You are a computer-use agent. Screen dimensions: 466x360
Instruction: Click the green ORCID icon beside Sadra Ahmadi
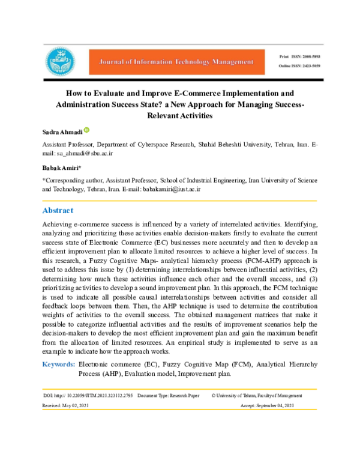click(86, 130)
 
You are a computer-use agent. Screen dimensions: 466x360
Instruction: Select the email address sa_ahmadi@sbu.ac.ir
click(82, 154)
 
